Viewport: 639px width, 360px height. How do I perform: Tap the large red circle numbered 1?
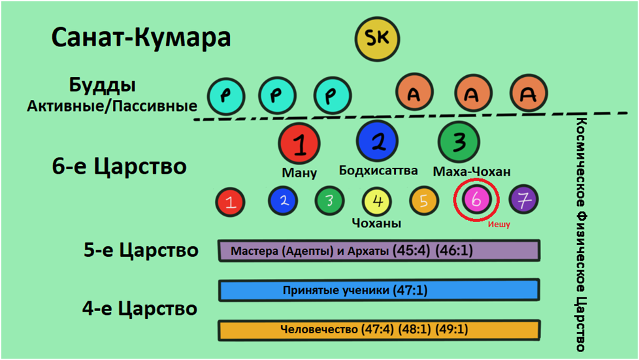(x=299, y=144)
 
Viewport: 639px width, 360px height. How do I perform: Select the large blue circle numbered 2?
(x=378, y=141)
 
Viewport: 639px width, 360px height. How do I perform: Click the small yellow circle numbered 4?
(x=376, y=201)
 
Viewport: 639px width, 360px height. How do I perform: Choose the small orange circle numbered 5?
(x=423, y=201)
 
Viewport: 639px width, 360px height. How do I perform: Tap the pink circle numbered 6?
(x=476, y=201)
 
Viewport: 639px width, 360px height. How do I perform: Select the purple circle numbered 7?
(x=523, y=201)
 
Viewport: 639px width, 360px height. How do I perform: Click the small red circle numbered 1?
(x=230, y=202)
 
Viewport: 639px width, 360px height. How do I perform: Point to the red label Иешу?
(x=499, y=224)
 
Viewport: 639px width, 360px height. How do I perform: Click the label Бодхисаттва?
(x=378, y=171)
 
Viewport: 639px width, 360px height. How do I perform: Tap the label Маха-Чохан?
(x=472, y=172)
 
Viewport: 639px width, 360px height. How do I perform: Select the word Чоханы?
(x=376, y=223)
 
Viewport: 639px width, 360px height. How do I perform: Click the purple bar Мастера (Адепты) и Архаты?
(x=378, y=250)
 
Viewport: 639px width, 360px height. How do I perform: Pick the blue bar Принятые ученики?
(x=378, y=290)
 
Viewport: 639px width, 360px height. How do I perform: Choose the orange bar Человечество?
(x=378, y=330)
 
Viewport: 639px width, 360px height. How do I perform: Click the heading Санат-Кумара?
(x=141, y=37)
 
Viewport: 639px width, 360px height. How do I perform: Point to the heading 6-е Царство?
(x=119, y=166)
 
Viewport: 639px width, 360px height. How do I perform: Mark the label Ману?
(x=299, y=173)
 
